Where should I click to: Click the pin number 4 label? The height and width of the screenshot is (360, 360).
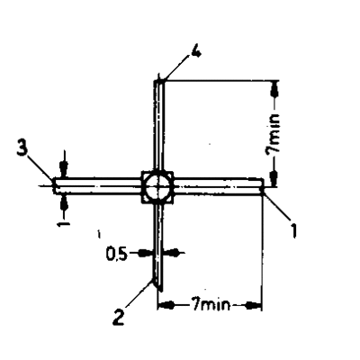[x=195, y=53]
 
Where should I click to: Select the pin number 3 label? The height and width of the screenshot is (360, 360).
[x=22, y=148]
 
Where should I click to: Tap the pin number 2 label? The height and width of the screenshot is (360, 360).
[x=119, y=317]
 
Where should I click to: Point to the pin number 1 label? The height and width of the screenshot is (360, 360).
[x=293, y=229]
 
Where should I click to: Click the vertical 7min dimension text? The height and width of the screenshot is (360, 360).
[x=273, y=133]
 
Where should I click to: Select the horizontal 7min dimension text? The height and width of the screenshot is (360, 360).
[x=211, y=305]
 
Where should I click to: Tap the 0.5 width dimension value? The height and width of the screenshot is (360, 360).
[x=117, y=255]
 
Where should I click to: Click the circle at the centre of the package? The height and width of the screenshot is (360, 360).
[x=157, y=186]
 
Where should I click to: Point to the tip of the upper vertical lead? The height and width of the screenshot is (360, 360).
[x=159, y=80]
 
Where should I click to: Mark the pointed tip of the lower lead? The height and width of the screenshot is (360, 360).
[x=161, y=291]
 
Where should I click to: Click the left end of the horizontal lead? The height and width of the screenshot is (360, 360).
[x=54, y=186]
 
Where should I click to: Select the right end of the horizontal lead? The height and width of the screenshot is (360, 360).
[x=262, y=187]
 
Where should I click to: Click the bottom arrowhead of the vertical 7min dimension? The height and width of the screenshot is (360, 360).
[x=274, y=178]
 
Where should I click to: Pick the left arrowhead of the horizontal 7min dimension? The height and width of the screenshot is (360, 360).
[x=166, y=306]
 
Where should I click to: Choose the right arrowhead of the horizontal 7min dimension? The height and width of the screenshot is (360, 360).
[x=254, y=306]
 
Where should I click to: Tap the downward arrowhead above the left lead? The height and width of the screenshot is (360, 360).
[x=63, y=170]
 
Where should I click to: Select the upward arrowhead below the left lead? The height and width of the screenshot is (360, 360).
[x=64, y=202]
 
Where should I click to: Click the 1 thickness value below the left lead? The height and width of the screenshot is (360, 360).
[x=63, y=224]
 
